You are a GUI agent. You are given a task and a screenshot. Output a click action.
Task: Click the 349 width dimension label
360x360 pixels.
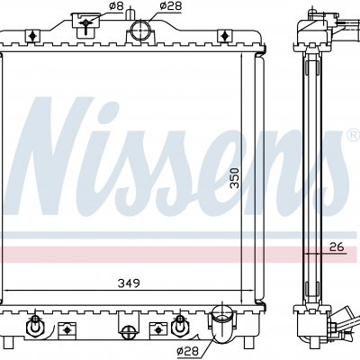tap(129, 283)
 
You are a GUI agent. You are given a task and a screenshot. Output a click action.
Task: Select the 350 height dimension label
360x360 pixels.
tap(235, 178)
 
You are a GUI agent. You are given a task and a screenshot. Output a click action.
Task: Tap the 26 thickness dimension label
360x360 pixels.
tap(337, 247)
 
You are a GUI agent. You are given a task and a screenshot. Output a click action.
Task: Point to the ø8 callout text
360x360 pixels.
tap(116, 6)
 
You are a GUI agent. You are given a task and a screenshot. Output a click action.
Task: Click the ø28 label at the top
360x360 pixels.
tap(171, 5)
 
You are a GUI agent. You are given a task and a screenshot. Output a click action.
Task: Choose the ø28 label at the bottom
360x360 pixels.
tap(188, 350)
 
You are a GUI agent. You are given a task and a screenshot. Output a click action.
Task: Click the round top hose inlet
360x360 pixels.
tap(140, 30)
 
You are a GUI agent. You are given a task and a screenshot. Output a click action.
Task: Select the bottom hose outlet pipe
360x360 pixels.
tap(221, 328)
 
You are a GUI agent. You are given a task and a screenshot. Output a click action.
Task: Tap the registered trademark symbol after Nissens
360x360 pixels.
tap(354, 134)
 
